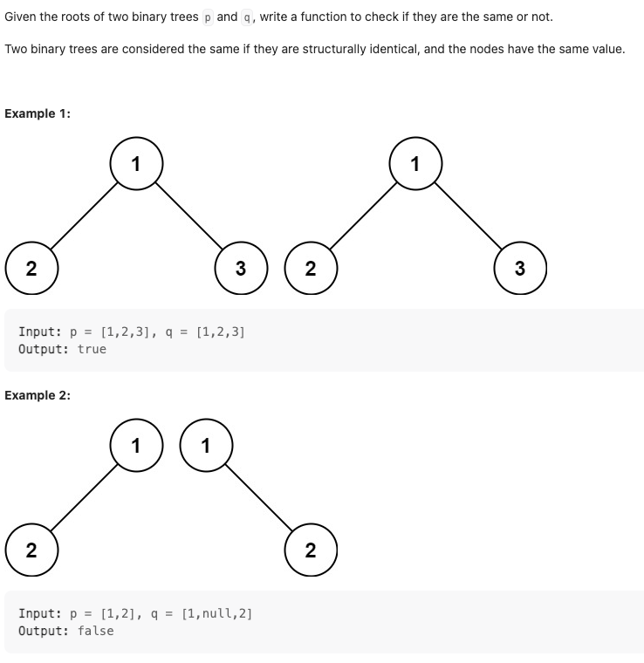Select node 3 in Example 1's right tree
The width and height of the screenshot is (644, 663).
tap(520, 268)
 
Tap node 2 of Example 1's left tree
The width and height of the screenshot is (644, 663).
tap(31, 268)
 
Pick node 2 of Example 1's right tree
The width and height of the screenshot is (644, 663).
tap(311, 268)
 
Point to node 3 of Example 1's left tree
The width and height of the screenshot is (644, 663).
tap(241, 268)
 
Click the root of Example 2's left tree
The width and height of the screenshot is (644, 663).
tap(135, 445)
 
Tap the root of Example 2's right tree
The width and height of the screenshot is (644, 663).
tap(205, 445)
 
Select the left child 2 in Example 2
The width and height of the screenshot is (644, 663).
tap(31, 550)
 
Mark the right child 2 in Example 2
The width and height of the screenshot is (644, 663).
tap(311, 550)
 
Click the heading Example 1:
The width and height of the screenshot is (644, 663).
tap(38, 113)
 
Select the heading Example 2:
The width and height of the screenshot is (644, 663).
tap(38, 395)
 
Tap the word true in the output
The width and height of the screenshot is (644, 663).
tap(92, 349)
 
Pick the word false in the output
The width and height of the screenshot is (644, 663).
tap(95, 631)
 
